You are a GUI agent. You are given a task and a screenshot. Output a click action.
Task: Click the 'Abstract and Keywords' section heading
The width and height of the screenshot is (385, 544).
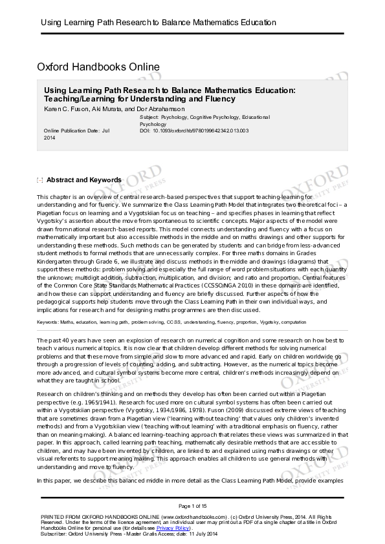(83, 180)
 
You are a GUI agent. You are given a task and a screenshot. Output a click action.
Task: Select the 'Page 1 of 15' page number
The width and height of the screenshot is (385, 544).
(192, 505)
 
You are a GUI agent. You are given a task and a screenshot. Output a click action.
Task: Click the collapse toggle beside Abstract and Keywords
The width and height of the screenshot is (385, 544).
(40, 180)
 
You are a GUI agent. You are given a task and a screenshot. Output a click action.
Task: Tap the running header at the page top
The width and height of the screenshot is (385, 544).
(159, 23)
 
